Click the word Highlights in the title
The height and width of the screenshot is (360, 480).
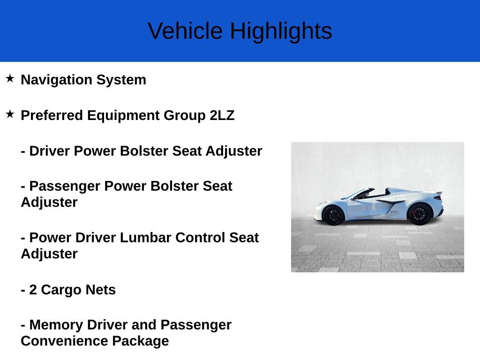[281, 31]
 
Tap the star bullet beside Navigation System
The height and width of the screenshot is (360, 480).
[10, 78]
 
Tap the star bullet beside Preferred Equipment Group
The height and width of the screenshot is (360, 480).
[10, 114]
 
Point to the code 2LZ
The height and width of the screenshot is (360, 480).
[222, 115]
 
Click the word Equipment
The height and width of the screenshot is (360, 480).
[123, 115]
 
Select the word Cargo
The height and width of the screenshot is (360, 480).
[61, 290]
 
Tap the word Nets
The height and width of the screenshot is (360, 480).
[100, 290]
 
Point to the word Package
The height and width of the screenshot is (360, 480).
[140, 341]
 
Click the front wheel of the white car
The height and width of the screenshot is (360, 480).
[333, 215]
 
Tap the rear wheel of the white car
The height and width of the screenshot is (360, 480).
[419, 214]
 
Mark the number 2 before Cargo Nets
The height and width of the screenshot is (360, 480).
[33, 290]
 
